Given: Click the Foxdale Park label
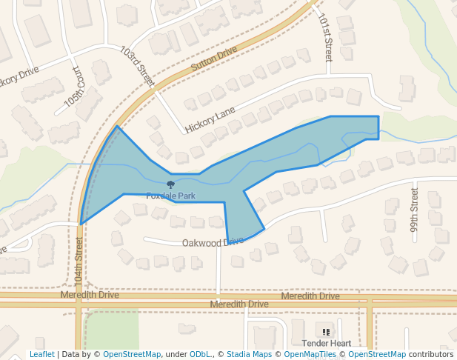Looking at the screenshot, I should tap(170, 196).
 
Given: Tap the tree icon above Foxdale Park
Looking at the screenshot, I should tap(170, 184).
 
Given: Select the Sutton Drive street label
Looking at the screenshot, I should tap(213, 59).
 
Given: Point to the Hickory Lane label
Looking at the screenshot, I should tap(210, 119).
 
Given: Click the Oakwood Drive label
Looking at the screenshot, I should tap(213, 242).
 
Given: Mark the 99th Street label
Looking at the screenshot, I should tap(415, 210).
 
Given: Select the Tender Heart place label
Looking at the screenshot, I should tap(326, 344).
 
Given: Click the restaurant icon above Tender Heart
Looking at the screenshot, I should tap(326, 330).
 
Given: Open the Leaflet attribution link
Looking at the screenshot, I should tap(41, 355).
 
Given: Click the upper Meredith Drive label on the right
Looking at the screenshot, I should tap(310, 296).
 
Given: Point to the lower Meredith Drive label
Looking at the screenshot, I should tap(238, 304).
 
